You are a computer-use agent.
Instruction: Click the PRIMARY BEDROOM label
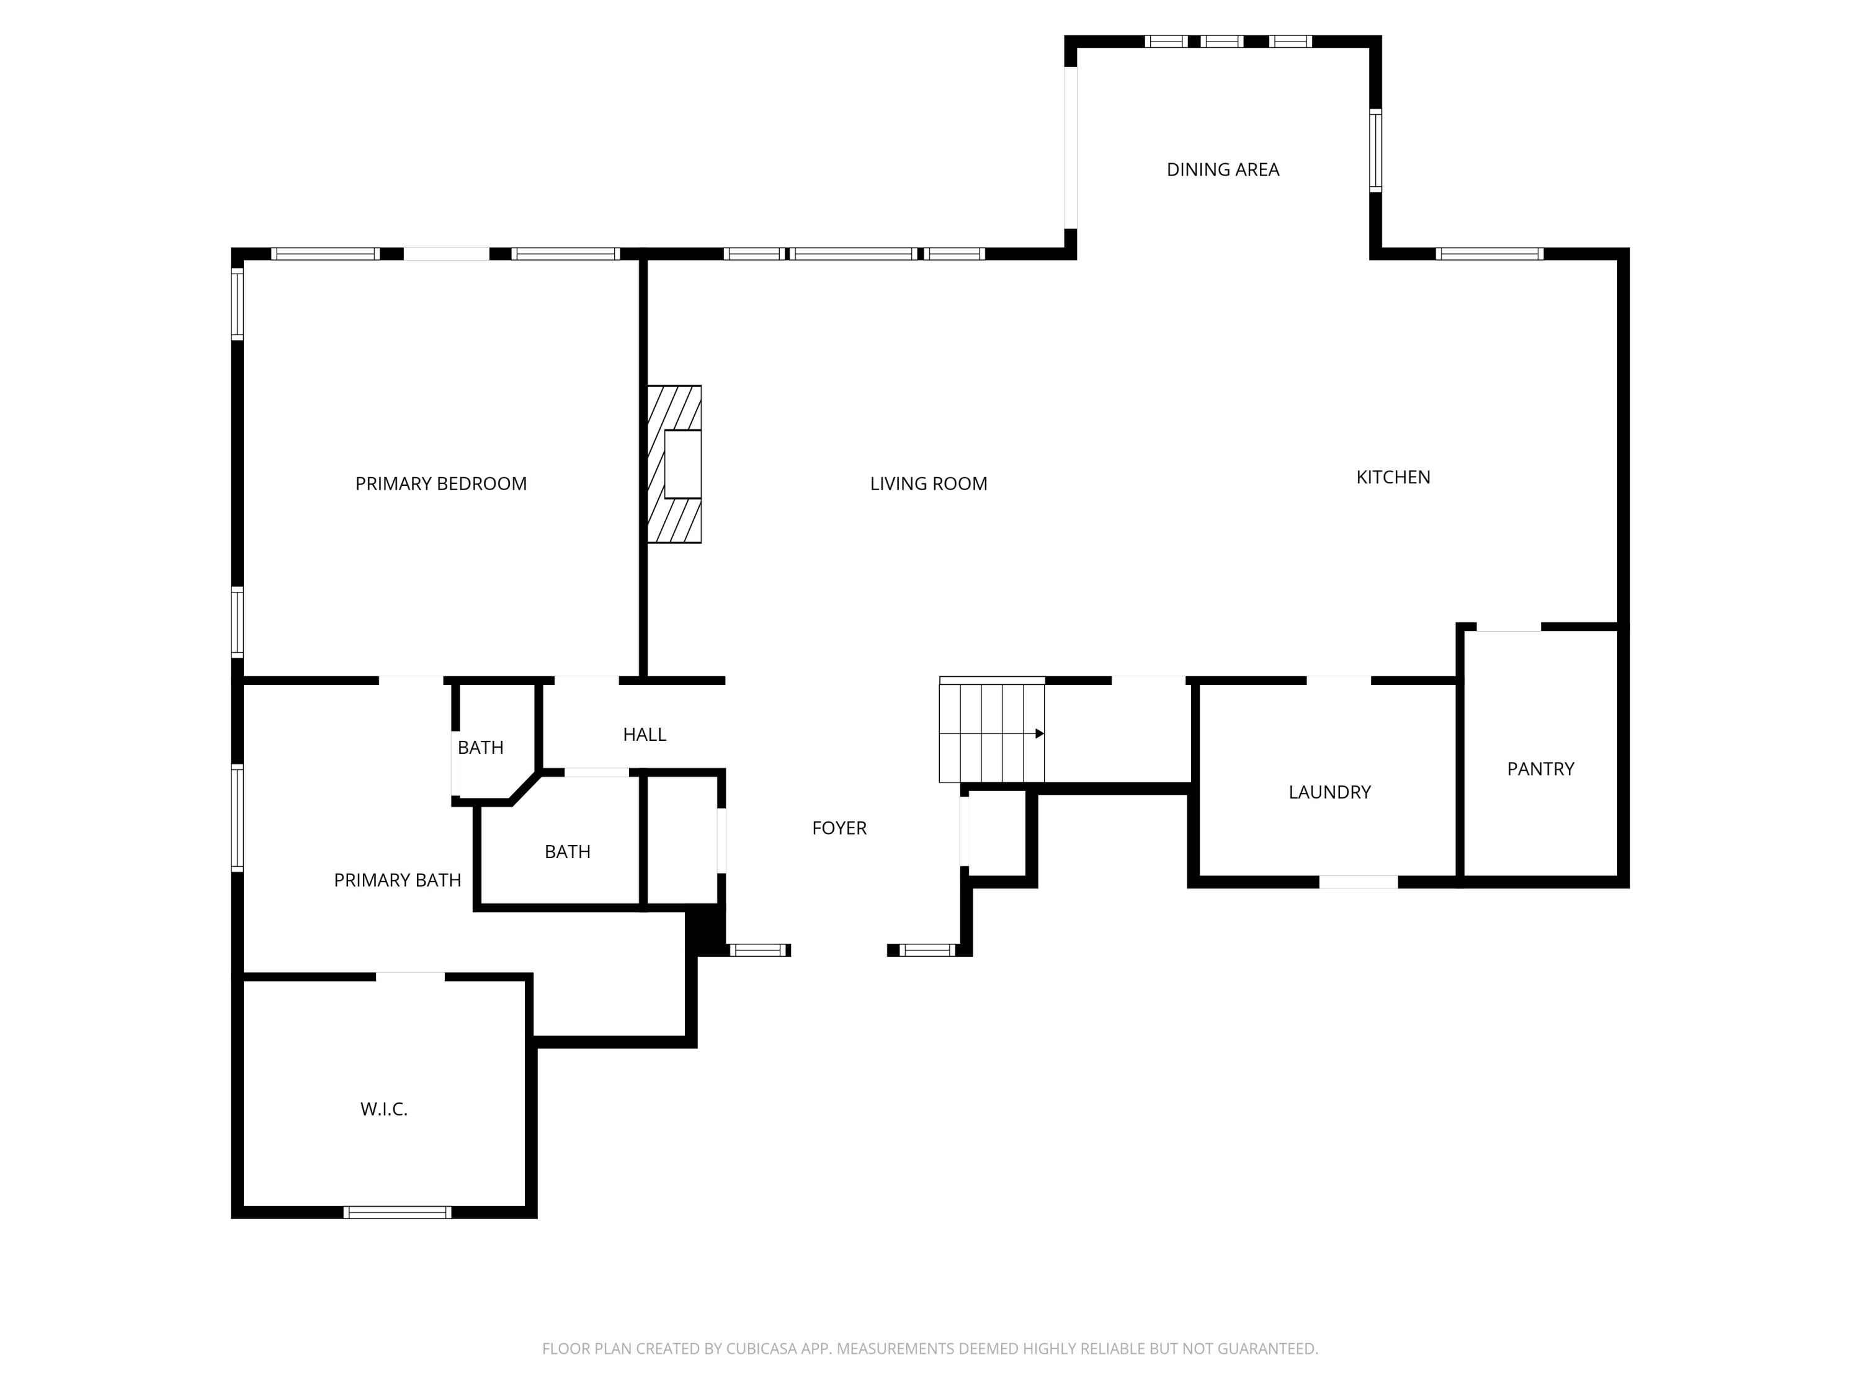pyautogui.click(x=441, y=484)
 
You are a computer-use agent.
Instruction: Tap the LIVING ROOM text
pyautogui.click(x=928, y=484)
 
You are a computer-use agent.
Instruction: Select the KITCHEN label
pyautogui.click(x=1393, y=477)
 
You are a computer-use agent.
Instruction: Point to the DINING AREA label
pyautogui.click(x=1223, y=170)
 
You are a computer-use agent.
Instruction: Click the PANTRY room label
pyautogui.click(x=1540, y=768)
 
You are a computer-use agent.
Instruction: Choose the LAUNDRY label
pyautogui.click(x=1329, y=792)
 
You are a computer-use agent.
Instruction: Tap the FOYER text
pyautogui.click(x=839, y=828)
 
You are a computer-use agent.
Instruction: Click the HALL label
pyautogui.click(x=645, y=735)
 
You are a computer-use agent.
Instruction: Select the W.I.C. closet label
pyautogui.click(x=383, y=1109)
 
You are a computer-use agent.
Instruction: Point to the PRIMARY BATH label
pyautogui.click(x=397, y=880)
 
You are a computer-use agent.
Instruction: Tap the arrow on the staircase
pyautogui.click(x=1040, y=734)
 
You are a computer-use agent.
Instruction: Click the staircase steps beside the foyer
pyautogui.click(x=991, y=732)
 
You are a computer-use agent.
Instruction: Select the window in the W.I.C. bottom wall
pyautogui.click(x=397, y=1212)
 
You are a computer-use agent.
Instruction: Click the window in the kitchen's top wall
pyautogui.click(x=1489, y=253)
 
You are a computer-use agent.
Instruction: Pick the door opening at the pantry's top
pyautogui.click(x=1509, y=627)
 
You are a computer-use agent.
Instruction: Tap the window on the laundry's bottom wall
pyautogui.click(x=1358, y=882)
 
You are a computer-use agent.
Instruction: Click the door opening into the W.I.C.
pyautogui.click(x=409, y=977)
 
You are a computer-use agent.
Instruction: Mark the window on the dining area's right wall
pyautogui.click(x=1375, y=151)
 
